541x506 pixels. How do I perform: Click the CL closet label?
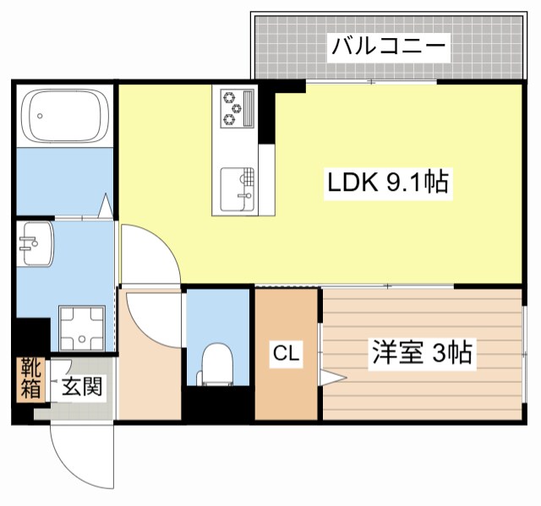[287, 356]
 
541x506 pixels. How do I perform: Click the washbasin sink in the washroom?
[35, 244]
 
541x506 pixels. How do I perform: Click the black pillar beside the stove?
[266, 114]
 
